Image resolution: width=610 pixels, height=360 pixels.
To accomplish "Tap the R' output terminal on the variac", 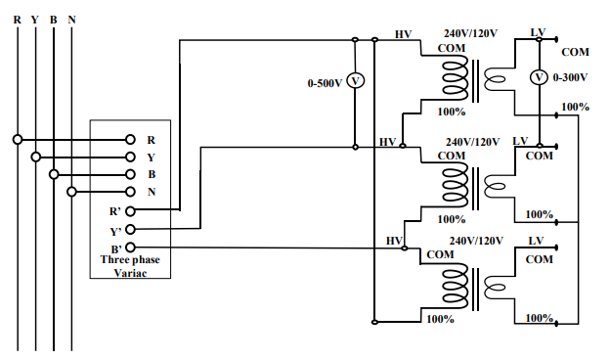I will pos(130,209).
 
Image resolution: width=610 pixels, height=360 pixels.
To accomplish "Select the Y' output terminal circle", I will pos(130,230).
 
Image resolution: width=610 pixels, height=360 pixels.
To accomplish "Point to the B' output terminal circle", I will pos(130,248).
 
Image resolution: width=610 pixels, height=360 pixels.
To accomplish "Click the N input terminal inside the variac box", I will pos(130,192).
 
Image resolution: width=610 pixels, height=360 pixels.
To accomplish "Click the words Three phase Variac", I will pos(130,266).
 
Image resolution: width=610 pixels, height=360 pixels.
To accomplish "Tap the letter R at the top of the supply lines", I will pos(17,20).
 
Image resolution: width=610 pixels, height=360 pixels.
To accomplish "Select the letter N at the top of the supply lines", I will pos(71,20).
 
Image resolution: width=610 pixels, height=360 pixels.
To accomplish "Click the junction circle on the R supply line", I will pos(17,139).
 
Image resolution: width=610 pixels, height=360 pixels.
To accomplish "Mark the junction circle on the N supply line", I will pos(71,192).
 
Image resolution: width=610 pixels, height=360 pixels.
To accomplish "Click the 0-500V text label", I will pos(324,83).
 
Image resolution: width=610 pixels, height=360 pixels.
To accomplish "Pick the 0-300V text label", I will pos(570,76).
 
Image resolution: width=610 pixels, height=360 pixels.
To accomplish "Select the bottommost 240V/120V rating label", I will pos(476,240).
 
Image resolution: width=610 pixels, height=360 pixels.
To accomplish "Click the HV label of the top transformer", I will pos(403,34).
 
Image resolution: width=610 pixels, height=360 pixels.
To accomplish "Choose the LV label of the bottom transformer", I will pos(537,240).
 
